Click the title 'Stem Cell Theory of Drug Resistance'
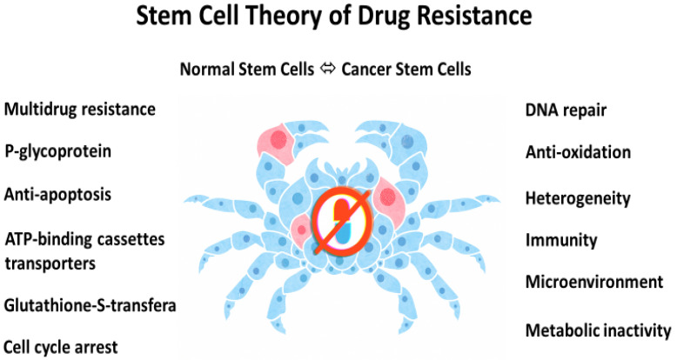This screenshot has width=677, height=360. [x=334, y=16]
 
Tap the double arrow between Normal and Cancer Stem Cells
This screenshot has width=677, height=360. [x=328, y=69]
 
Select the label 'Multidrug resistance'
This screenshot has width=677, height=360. [x=80, y=109]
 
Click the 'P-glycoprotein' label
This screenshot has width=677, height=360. [x=57, y=151]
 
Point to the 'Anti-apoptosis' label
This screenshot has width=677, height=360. [x=57, y=194]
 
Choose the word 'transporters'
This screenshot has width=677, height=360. [x=50, y=263]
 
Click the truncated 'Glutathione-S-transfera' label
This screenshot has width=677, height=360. [x=90, y=305]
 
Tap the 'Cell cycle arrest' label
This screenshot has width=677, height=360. [x=60, y=347]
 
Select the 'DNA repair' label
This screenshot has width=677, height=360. [x=566, y=110]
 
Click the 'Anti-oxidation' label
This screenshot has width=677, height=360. [x=578, y=152]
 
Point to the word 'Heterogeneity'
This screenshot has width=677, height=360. [x=578, y=198]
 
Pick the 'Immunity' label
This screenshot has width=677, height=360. [x=561, y=240]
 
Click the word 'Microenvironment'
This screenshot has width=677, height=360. [x=594, y=282]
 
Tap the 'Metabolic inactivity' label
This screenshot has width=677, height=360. [x=598, y=330]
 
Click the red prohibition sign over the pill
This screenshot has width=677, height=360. [x=342, y=221]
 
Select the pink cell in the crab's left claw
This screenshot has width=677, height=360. [x=276, y=141]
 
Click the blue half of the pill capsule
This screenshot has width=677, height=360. [x=344, y=233]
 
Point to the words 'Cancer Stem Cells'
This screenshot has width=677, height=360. [x=406, y=70]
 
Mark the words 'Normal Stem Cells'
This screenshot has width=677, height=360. [x=247, y=70]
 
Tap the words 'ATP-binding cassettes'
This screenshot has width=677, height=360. [x=84, y=239]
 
